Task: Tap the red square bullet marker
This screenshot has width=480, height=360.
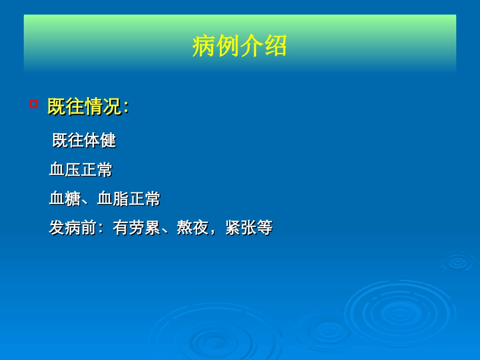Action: (34, 105)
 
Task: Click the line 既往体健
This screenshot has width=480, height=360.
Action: (84, 140)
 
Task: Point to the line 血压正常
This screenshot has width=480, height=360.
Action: (80, 170)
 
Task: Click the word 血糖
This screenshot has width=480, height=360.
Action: (65, 199)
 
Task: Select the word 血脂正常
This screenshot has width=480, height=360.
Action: (128, 199)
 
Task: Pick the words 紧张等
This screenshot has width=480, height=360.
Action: (249, 228)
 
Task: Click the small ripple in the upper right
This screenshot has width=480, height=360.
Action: (458, 262)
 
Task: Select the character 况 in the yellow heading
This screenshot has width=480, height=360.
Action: (112, 107)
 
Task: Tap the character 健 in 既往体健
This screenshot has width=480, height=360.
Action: (108, 140)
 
